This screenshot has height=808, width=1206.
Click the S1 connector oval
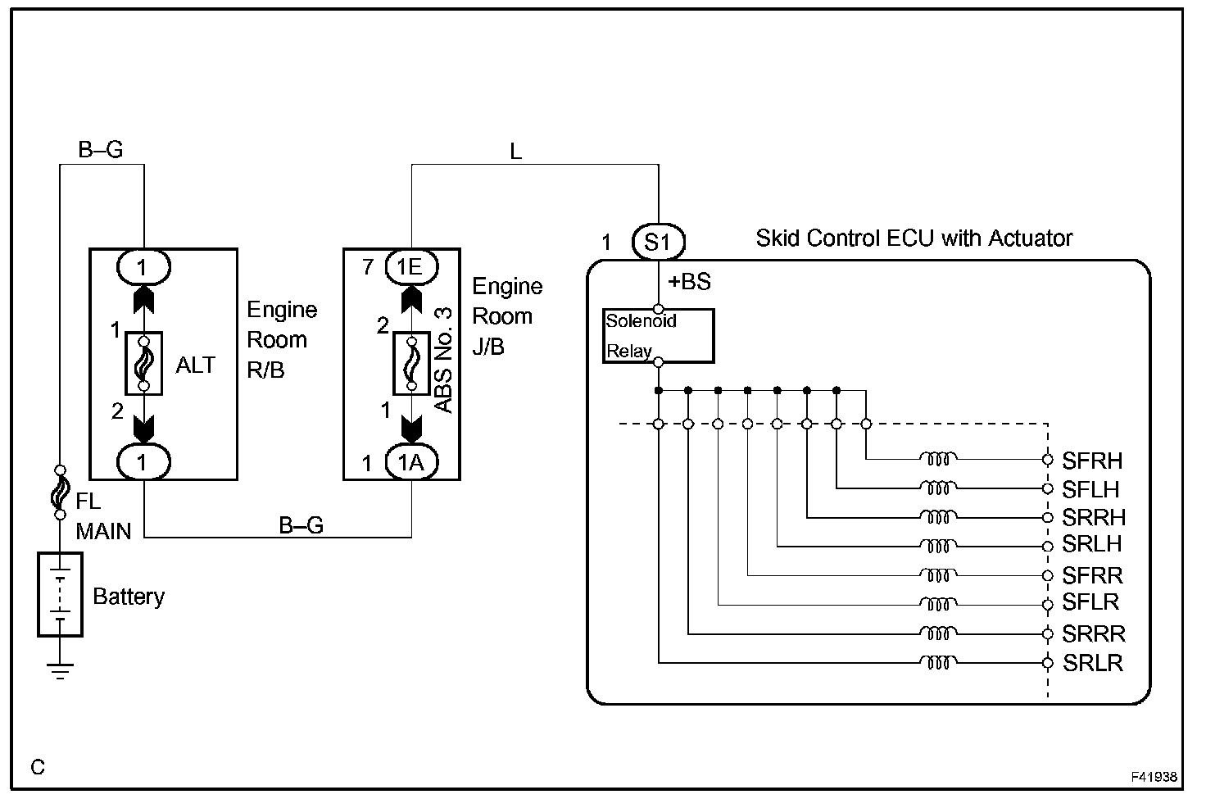(658, 242)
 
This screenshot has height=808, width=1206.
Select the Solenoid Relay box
(658, 335)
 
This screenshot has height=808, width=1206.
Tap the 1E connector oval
(411, 266)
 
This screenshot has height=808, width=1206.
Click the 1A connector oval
(411, 463)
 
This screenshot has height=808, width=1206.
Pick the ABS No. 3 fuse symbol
(411, 364)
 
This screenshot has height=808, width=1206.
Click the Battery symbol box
(60, 594)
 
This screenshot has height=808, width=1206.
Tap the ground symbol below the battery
(60, 670)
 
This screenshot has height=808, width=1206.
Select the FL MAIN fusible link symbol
(60, 493)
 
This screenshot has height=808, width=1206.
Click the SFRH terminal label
(1092, 461)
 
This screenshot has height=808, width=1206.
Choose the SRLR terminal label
(1092, 663)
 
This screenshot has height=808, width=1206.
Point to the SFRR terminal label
(1092, 575)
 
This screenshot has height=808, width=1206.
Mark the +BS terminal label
(689, 282)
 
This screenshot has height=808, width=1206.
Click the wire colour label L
(515, 152)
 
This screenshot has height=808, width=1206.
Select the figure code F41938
(1154, 776)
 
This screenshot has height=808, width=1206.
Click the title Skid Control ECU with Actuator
(914, 238)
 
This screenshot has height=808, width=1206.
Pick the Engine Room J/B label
(506, 316)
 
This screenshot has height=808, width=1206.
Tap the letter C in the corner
(38, 768)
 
